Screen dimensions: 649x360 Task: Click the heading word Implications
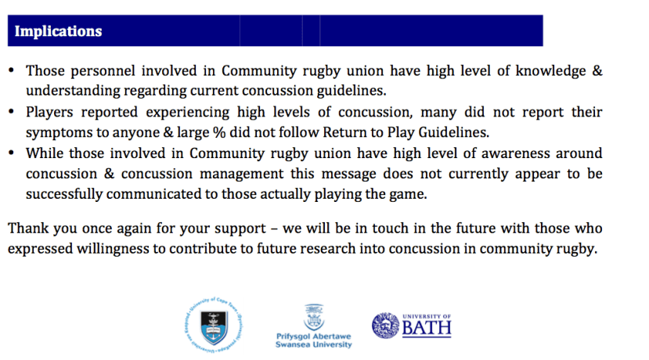(x=58, y=31)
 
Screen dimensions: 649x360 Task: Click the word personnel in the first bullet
(x=103, y=71)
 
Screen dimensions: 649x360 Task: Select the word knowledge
(x=550, y=71)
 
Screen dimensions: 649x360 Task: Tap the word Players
(x=49, y=113)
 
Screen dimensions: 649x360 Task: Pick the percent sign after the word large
(x=219, y=132)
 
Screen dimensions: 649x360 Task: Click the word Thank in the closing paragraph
(x=28, y=229)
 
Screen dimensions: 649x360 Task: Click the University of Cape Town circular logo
(x=214, y=325)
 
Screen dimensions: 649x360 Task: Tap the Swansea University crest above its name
(x=314, y=318)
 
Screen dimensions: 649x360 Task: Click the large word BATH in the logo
(x=427, y=329)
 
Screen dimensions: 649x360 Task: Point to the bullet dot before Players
(x=11, y=112)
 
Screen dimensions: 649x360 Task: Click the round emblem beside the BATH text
(x=385, y=326)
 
